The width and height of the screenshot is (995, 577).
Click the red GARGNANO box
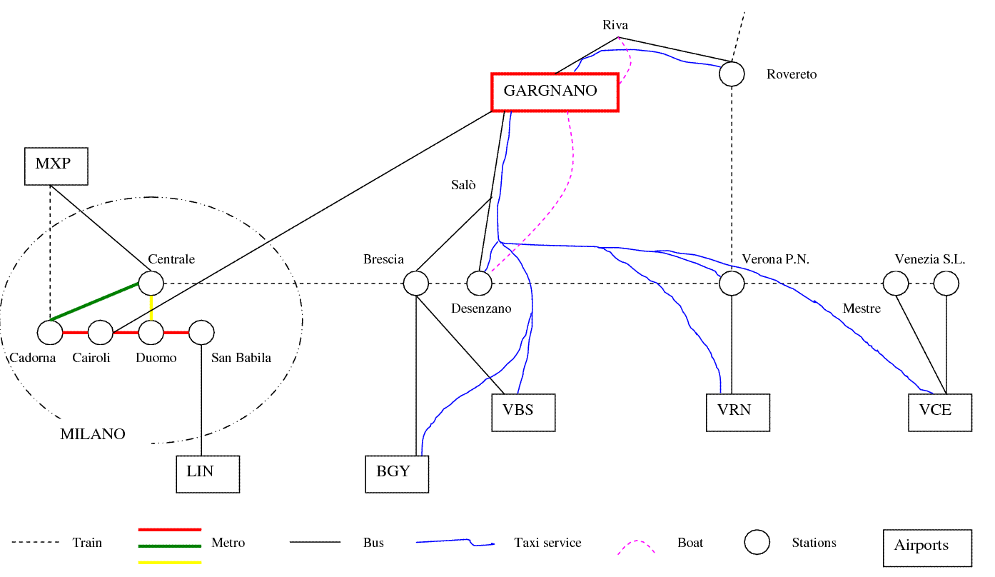555,92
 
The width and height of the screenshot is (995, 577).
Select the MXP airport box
56,166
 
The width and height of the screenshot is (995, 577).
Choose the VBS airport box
523,412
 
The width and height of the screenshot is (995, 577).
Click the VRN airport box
738,412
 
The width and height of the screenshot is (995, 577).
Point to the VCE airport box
940,412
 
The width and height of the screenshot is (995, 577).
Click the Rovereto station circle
732,74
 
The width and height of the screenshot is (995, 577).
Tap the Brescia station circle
416,284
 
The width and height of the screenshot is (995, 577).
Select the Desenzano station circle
480,284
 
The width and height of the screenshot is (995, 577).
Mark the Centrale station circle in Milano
151,284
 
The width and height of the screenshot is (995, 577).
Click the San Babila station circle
202,332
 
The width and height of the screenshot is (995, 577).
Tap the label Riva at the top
615,26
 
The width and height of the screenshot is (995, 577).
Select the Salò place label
463,185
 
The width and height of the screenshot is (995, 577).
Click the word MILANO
93,434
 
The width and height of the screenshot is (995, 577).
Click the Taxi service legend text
547,543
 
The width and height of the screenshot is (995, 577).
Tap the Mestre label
862,308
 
